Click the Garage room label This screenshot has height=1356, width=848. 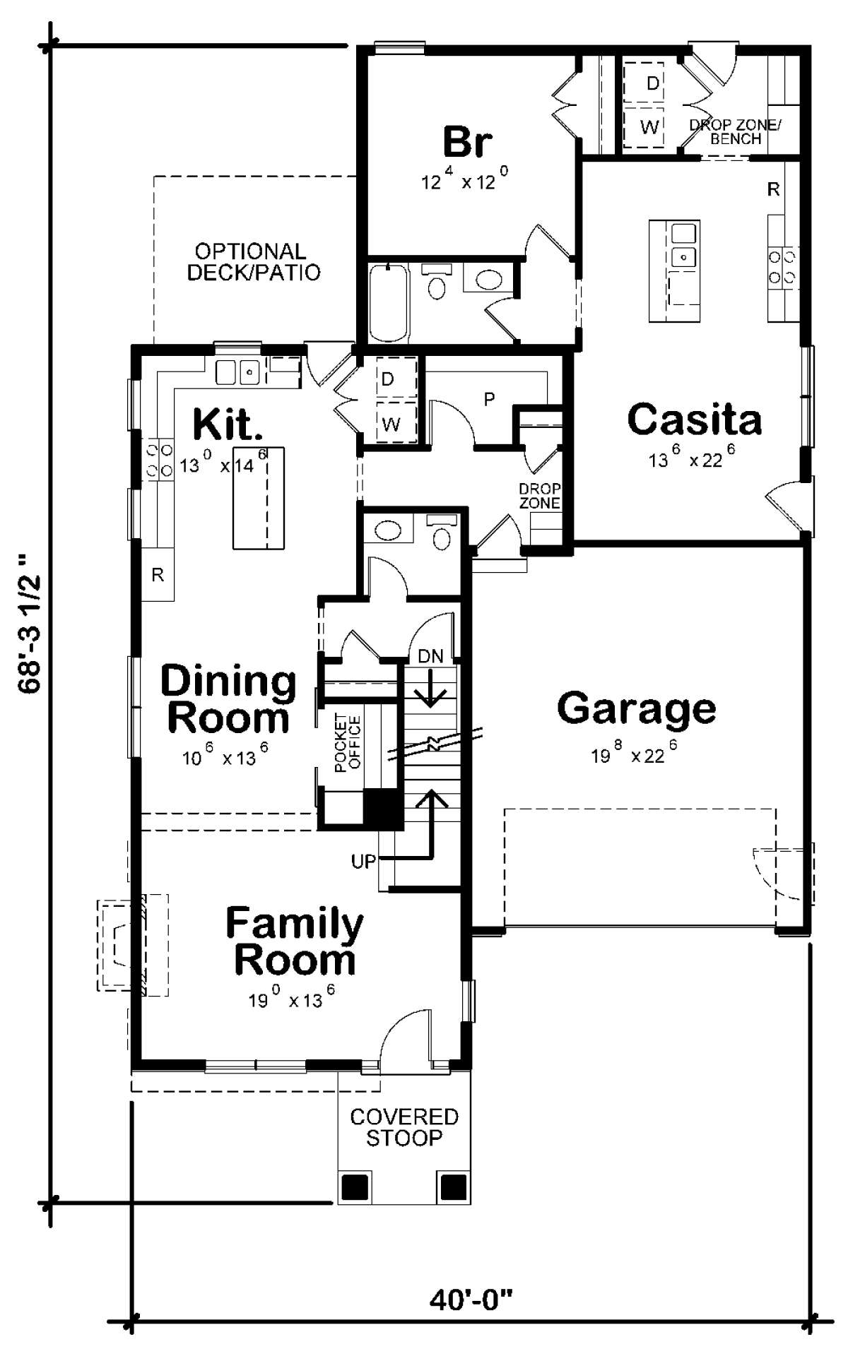(x=637, y=709)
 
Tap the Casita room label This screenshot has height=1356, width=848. (x=695, y=420)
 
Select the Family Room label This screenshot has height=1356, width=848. (x=295, y=941)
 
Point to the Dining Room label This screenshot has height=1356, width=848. (x=228, y=699)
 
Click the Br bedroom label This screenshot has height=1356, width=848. (x=467, y=141)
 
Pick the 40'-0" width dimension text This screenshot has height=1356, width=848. (x=471, y=1298)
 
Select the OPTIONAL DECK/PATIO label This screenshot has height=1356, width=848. (x=253, y=261)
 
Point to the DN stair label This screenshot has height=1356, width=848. (x=430, y=656)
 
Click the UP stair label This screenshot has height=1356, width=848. (x=364, y=862)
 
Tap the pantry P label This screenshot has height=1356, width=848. (x=489, y=400)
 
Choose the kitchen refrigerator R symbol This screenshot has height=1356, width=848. (x=158, y=575)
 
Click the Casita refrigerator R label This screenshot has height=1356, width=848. (x=774, y=189)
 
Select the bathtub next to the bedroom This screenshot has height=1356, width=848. (x=387, y=303)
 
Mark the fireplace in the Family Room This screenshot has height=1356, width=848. (x=133, y=945)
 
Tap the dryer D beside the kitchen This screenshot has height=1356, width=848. (x=387, y=380)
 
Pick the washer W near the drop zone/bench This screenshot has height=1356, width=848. (x=649, y=127)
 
